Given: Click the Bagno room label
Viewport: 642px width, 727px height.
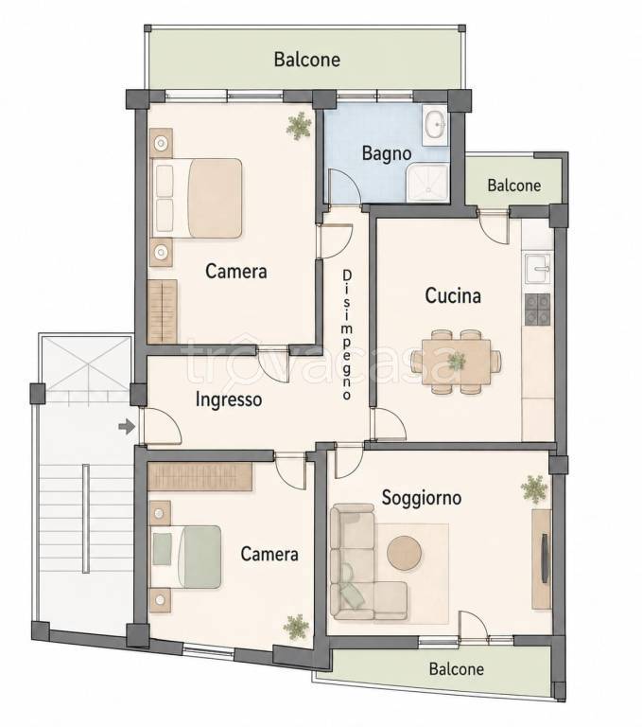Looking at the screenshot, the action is coord(387,153).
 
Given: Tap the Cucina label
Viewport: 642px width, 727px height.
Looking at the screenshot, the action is coord(453,295).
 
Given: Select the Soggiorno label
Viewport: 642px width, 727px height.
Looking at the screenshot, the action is coord(421,498).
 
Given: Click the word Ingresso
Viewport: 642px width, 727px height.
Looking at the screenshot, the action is coord(229,399).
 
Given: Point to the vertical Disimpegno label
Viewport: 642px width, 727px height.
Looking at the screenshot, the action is coord(346,335).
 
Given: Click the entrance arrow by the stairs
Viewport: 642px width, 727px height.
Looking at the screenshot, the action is coord(127,426).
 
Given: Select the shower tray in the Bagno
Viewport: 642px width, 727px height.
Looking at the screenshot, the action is coord(427,183).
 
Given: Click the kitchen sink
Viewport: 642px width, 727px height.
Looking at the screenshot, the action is coord(538,268).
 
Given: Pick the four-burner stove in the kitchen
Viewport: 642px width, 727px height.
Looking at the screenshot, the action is coord(537,310).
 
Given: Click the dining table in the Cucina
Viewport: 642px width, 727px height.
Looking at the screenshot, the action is coord(457,362).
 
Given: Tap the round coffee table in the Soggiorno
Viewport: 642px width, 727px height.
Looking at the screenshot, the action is coord(405,553).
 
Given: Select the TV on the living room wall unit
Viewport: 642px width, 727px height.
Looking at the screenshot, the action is coord(545,558).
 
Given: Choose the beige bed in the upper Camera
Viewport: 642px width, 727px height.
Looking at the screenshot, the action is coord(198,199).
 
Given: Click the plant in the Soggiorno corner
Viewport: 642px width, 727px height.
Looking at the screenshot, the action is coord(534,489).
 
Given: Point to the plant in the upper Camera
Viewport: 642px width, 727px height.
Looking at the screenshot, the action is coord(299,126).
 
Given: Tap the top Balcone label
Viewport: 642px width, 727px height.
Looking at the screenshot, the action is coord(307,60).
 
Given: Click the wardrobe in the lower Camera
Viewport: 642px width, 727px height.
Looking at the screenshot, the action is coord(200,476).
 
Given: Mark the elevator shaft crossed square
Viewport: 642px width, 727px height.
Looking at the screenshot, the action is coord(88,364).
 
